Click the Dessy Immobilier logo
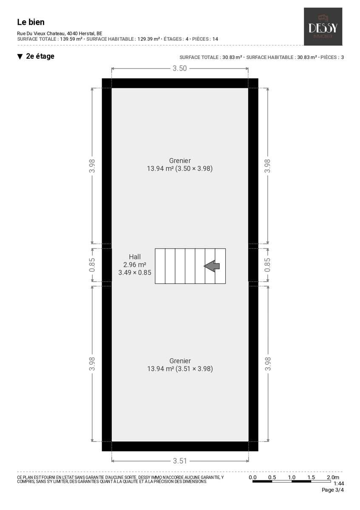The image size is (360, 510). [x=323, y=27]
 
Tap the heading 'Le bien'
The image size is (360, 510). [x=31, y=22]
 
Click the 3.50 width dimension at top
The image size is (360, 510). [x=179, y=68]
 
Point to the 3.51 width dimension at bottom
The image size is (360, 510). [x=180, y=461]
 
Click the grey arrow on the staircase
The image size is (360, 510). [x=212, y=266]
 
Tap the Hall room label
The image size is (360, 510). [x=135, y=264]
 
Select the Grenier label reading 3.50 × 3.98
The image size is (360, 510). [x=180, y=164]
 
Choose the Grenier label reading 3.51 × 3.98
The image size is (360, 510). [x=180, y=365]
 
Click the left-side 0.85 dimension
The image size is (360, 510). [x=92, y=265]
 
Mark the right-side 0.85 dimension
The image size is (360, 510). [x=267, y=265]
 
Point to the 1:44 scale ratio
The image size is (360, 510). [x=339, y=483]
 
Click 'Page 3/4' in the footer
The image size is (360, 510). [x=332, y=490]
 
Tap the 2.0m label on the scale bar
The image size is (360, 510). [x=333, y=477]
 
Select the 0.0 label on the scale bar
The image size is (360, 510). [x=252, y=477]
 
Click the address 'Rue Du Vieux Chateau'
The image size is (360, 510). [x=41, y=34]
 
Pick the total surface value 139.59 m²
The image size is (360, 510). [x=71, y=39]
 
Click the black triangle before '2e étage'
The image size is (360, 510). [x=20, y=57]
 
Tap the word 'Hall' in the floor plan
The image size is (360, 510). [x=135, y=257]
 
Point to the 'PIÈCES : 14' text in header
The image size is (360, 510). [x=205, y=39]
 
